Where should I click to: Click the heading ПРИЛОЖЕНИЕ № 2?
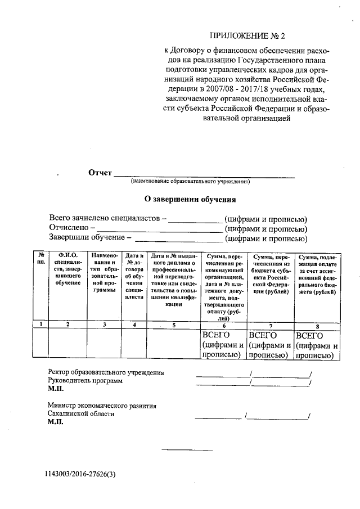tap(247, 37)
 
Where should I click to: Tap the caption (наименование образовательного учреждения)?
tap(190, 182)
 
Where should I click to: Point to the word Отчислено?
tap(69, 228)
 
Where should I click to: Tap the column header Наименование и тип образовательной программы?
tap(104, 273)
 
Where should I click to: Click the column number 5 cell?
tap(174, 325)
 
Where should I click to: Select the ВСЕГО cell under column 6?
tap(223, 345)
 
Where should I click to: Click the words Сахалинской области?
tap(81, 413)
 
